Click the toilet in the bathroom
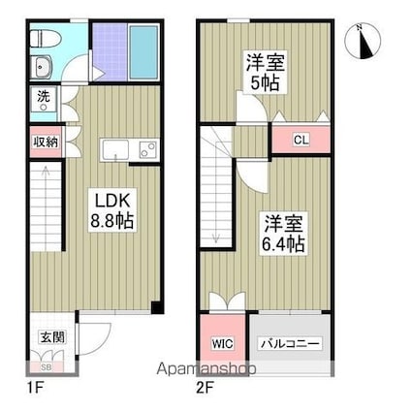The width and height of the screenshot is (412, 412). tap(46, 40)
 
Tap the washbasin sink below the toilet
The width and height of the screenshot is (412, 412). tap(42, 67)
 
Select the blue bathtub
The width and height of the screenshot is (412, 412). tap(143, 51)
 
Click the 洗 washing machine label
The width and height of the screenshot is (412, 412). tap(44, 96)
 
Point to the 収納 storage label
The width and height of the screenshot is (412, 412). tap(47, 143)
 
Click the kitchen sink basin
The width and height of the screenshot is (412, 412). tap(114, 149)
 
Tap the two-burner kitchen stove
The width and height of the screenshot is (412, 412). tap(148, 149)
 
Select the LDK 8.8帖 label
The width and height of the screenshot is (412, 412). tap(111, 210)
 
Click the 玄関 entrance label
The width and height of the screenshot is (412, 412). tap(52, 337)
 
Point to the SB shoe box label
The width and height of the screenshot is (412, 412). tap(48, 367)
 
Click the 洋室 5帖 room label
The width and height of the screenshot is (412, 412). tap(266, 73)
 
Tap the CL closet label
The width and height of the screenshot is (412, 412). tap(301, 140)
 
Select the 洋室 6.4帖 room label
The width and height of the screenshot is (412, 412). tap(283, 234)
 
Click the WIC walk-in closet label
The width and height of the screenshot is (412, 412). tap(222, 343)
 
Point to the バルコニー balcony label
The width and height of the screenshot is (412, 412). tap(291, 343)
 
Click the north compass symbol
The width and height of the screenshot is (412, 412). tap(363, 42)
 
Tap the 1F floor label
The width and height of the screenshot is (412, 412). tap(35, 387)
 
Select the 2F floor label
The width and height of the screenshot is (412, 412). tap(205, 387)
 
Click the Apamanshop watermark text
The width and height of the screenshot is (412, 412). tap(206, 369)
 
